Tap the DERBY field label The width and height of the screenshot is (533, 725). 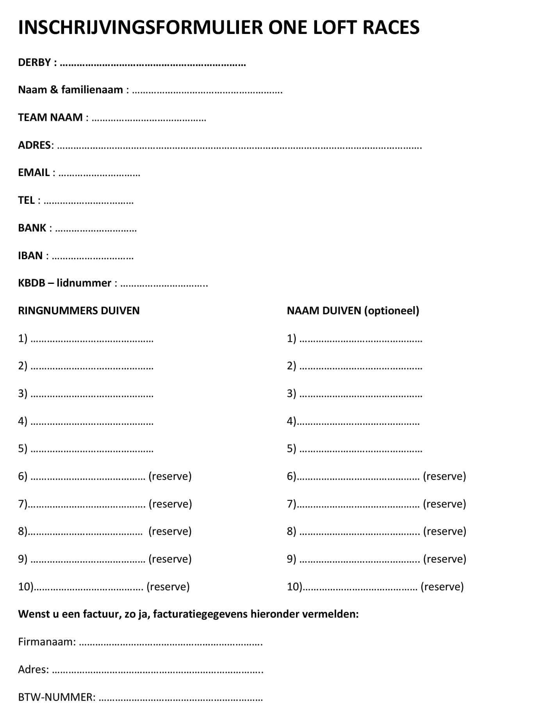(34, 62)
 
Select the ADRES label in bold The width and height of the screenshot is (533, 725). (34, 145)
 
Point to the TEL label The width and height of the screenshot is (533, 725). (26, 200)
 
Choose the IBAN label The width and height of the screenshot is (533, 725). (30, 256)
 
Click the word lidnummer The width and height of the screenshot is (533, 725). (84, 283)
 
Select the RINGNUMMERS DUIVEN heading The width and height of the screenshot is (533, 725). (79, 311)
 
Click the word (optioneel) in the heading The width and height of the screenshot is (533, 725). (392, 311)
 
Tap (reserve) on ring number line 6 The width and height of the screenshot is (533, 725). (170, 476)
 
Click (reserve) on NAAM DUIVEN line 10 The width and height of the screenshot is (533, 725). (442, 587)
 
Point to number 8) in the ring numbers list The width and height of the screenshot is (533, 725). (23, 531)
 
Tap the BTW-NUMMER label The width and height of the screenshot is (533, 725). (57, 697)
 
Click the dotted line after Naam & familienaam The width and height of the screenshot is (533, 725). (207, 91)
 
